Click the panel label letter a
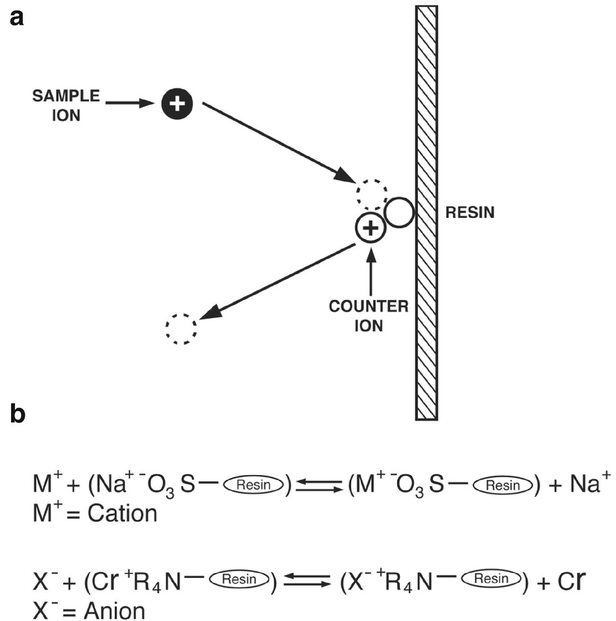click(17, 18)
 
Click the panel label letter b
click(18, 413)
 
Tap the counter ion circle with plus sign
click(370, 228)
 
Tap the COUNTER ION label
click(369, 316)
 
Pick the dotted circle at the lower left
click(180, 329)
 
